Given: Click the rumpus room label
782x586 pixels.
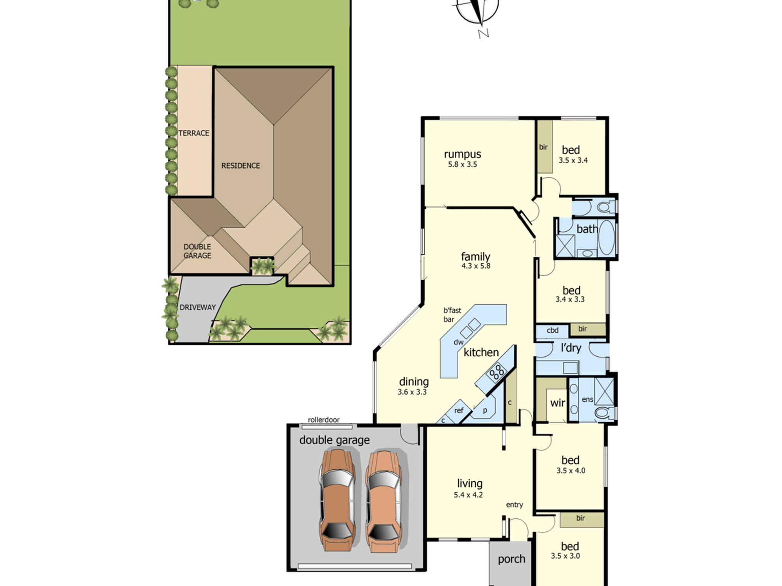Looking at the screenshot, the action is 463,154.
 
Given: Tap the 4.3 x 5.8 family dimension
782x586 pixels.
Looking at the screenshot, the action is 476,266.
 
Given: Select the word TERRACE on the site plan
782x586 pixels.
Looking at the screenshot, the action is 194,133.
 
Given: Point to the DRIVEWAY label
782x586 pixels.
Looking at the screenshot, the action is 197,307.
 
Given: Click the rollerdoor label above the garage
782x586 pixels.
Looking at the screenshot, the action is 324,420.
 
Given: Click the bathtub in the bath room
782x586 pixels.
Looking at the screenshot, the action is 606,238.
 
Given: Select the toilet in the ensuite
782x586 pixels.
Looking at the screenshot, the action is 604,413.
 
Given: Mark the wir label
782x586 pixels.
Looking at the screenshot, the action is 558,403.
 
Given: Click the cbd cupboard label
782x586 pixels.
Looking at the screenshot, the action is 552,331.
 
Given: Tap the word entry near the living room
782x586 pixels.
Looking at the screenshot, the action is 515,505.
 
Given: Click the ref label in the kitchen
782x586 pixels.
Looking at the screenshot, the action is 459,411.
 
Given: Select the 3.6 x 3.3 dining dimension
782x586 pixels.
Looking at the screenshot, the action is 412,392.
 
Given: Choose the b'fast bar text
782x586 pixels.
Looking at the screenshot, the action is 452,315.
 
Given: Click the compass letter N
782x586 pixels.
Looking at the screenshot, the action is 484,34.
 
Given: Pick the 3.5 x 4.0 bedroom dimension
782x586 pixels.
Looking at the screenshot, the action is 571,471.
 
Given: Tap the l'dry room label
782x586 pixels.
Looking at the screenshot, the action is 571,348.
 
